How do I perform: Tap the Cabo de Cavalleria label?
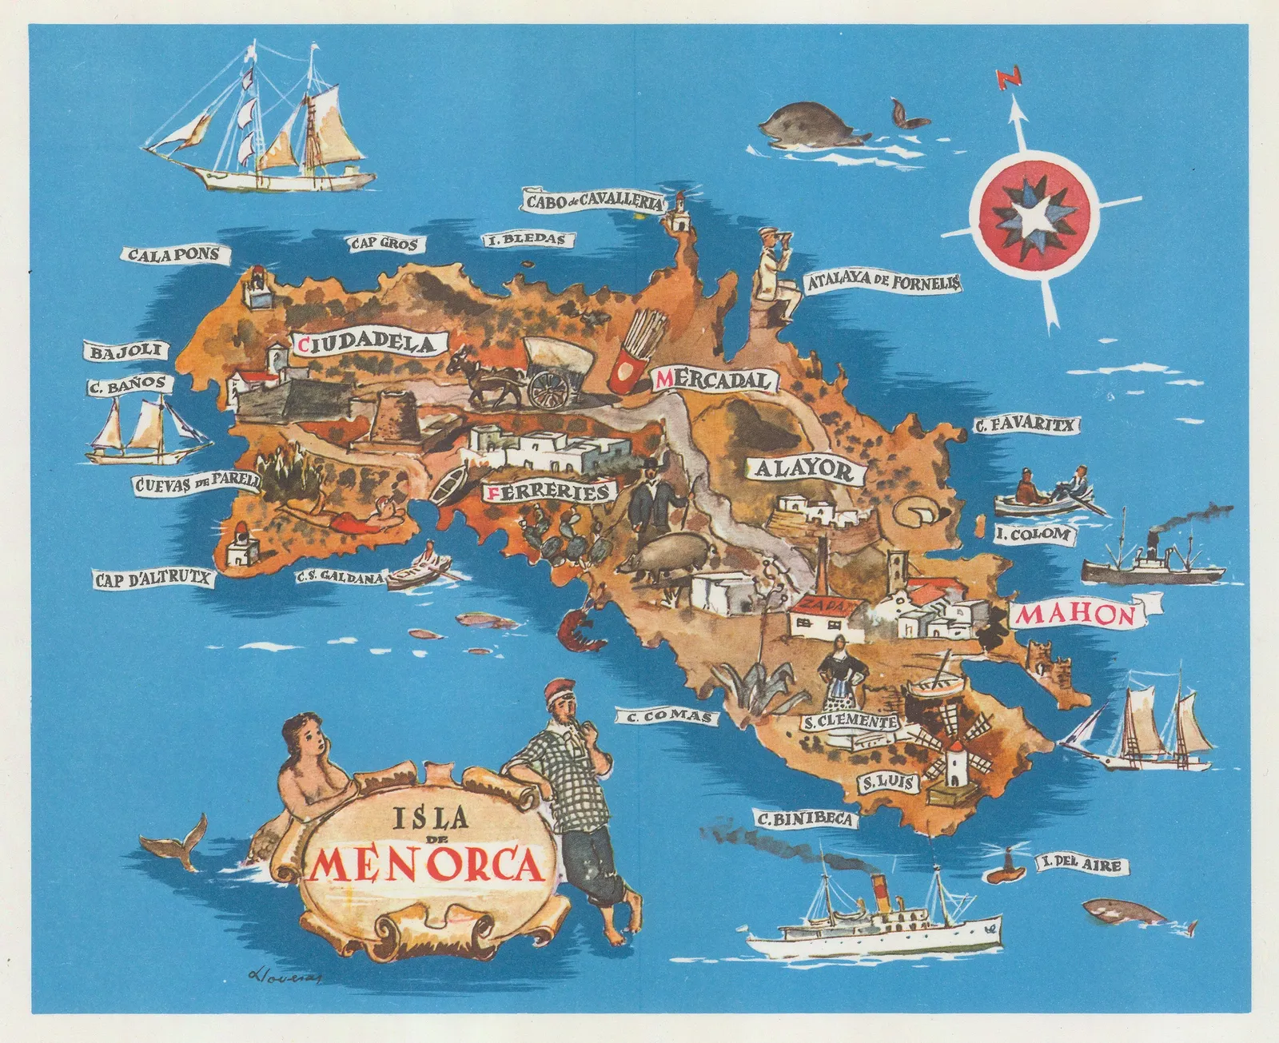(x=594, y=201)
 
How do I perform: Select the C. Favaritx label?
(x=1026, y=425)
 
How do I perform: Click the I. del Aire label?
(x=1077, y=864)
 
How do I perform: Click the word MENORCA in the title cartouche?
(x=426, y=865)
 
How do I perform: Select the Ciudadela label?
(x=368, y=344)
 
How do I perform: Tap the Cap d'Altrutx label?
(x=153, y=577)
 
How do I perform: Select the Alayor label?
(x=804, y=469)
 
